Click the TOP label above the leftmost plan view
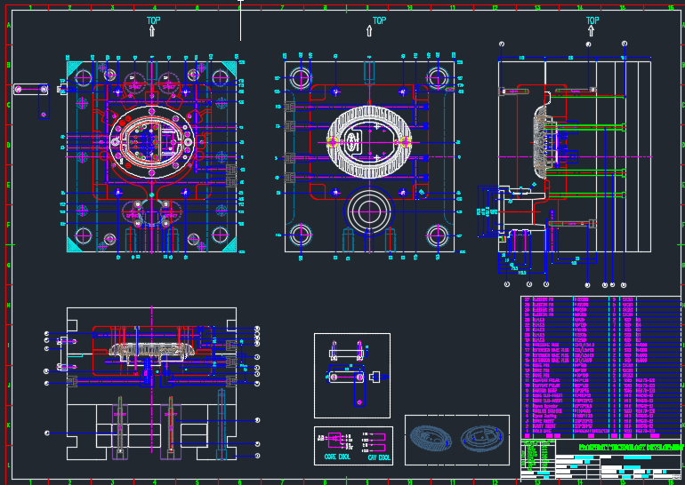[154, 19]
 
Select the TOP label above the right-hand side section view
[592, 20]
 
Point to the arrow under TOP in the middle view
[370, 31]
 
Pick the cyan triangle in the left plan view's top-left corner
[74, 68]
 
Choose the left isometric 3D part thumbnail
[431, 440]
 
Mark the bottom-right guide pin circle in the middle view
[437, 235]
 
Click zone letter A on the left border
[9, 26]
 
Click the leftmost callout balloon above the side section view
[503, 44]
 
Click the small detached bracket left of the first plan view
[31, 89]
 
